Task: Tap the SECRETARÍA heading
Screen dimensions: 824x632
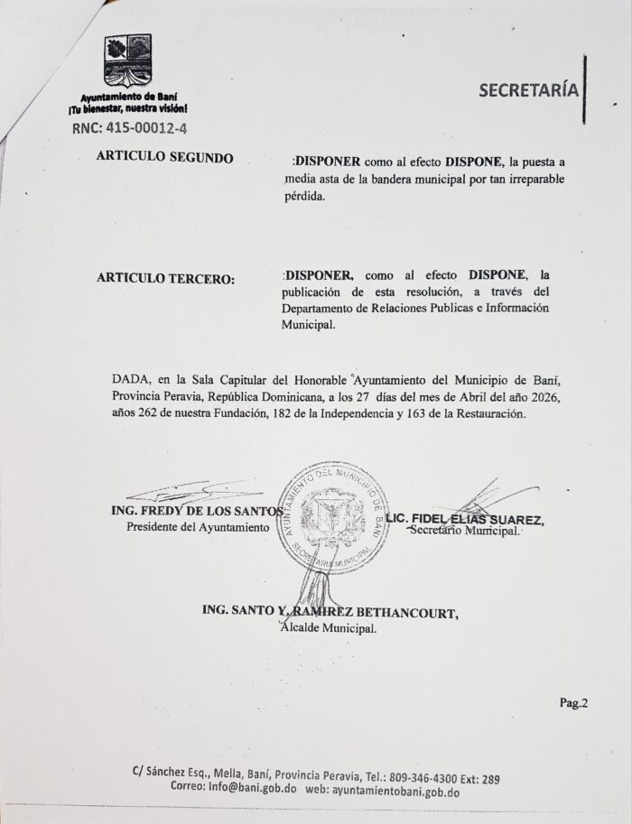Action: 528,90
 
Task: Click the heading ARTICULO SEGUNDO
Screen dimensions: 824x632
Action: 164,157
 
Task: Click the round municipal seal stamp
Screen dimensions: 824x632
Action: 332,516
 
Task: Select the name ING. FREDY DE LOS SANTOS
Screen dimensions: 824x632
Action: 198,511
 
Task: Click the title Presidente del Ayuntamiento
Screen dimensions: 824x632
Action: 198,527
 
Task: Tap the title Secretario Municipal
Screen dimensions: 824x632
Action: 464,532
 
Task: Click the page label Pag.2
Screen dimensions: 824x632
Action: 573,704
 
